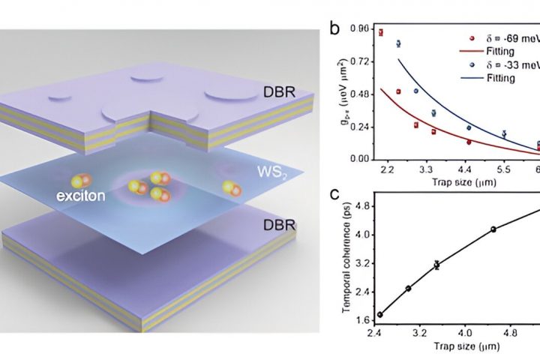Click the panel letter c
[x=336, y=196]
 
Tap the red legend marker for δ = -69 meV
[x=449, y=37]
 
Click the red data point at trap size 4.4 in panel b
[x=469, y=142]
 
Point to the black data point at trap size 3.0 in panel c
[x=408, y=289]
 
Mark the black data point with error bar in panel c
[x=436, y=264]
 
